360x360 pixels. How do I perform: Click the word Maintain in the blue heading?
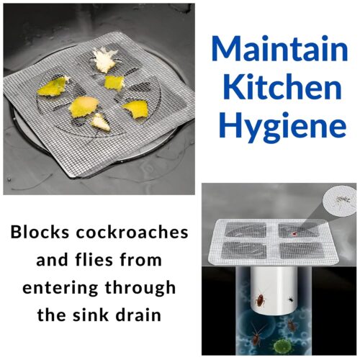[279, 49]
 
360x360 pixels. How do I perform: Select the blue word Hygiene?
[282, 127]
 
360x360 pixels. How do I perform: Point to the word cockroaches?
[132, 233]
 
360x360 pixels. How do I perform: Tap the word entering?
[60, 288]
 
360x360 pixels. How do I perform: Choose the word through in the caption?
[140, 287]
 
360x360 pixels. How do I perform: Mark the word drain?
[138, 315]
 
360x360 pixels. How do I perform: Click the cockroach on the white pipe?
[261, 300]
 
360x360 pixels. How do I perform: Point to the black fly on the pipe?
[291, 299]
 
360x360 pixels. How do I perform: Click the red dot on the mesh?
[294, 233]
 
